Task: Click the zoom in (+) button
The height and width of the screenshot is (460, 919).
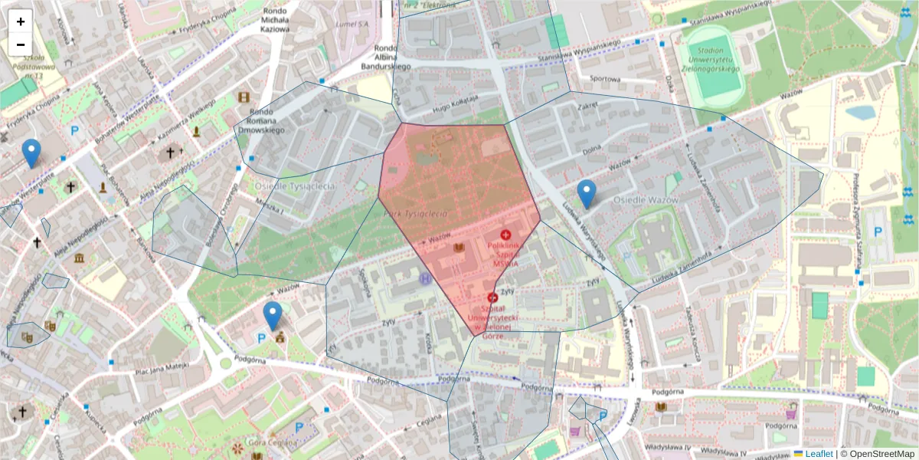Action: [21, 21]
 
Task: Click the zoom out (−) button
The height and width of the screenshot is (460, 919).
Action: [21, 44]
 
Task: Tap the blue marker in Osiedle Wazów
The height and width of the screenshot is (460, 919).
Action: [587, 194]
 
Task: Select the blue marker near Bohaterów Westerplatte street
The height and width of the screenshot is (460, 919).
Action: [31, 153]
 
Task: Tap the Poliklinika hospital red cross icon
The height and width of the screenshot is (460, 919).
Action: [505, 234]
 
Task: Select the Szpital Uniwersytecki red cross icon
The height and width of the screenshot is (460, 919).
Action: [492, 297]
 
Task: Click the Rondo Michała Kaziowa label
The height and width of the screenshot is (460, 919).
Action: [276, 20]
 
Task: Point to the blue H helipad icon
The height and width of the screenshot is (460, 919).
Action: [426, 279]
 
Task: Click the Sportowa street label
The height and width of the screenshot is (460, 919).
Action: [605, 78]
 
